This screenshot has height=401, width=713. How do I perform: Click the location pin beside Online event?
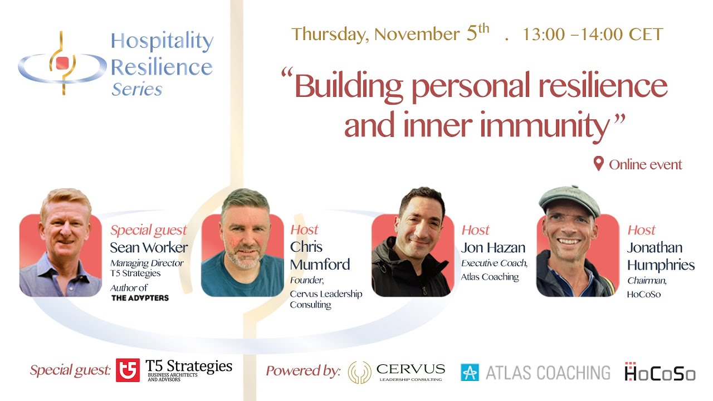pos(599,164)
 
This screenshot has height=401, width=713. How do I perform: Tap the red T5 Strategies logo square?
pos(128,370)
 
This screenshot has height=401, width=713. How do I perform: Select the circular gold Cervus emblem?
pos(359,372)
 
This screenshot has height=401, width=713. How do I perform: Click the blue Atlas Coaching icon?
pos(470,372)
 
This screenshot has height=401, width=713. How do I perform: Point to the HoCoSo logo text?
pos(660,372)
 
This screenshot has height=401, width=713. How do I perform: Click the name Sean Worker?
pos(149,247)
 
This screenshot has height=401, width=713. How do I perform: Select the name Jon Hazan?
pos(494,247)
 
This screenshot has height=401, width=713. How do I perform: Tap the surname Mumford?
pos(320,264)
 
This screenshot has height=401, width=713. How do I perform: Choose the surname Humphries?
pos(661,265)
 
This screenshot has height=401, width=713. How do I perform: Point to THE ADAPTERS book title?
pos(140,298)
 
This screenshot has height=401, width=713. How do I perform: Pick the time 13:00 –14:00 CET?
pos(593,35)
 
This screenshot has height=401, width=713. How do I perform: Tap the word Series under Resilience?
pos(136,90)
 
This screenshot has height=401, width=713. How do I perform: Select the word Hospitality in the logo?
pos(162,42)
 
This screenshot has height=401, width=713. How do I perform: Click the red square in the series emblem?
pos(62,62)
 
